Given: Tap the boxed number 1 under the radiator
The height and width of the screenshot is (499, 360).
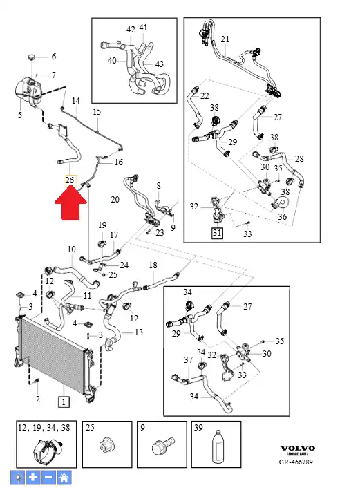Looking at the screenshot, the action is [x=64, y=402].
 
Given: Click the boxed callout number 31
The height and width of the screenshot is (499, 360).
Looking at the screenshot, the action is [x=217, y=233].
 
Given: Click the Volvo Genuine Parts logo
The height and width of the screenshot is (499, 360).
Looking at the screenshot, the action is [x=297, y=450].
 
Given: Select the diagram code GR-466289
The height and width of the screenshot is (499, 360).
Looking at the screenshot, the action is [x=296, y=462].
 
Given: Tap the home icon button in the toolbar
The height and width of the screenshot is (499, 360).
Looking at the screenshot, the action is [x=64, y=478].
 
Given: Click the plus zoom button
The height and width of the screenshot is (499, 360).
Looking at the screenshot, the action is [x=32, y=478].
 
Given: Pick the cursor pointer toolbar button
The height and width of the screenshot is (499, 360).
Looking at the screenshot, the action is [x=18, y=478].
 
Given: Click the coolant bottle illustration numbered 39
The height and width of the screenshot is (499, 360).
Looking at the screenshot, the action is [x=218, y=446].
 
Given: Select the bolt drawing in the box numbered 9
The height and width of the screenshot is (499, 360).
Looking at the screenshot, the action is [x=162, y=446].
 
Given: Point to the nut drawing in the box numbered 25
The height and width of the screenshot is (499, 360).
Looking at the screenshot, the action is [x=107, y=445].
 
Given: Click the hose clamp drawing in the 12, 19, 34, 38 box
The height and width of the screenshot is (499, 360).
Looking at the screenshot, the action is [x=47, y=451].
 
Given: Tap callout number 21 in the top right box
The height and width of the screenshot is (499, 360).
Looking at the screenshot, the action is [x=225, y=39].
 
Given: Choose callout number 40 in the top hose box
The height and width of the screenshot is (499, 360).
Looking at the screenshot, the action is [x=112, y=60].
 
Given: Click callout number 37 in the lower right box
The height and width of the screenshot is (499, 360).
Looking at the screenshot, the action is [x=189, y=359].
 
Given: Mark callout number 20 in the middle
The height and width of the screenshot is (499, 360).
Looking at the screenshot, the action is [x=115, y=200].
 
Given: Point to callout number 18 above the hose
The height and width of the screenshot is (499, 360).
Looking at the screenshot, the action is [x=153, y=265].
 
